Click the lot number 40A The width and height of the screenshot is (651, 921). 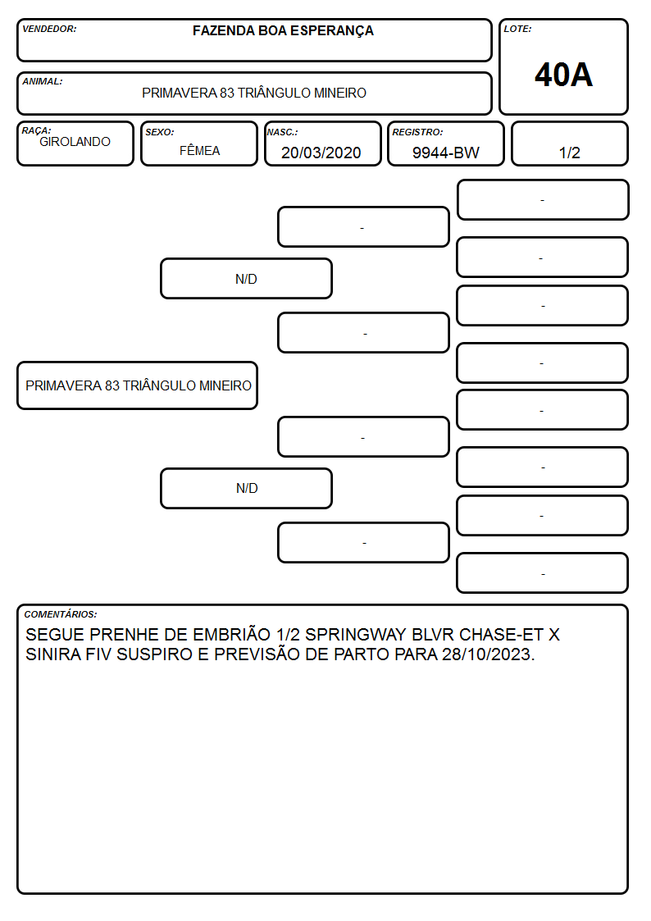[563, 75]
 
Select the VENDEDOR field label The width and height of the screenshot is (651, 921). [49, 29]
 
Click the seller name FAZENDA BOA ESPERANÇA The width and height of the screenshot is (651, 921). [283, 31]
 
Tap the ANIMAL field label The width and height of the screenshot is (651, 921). [43, 82]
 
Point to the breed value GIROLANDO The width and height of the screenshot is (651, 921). [75, 142]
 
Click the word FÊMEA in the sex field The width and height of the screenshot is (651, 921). [199, 150]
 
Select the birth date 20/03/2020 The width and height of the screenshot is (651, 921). [321, 153]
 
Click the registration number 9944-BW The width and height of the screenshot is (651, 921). [445, 153]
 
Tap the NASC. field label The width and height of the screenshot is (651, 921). [282, 133]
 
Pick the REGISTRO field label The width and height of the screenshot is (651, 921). [417, 133]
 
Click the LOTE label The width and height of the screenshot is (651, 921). [517, 29]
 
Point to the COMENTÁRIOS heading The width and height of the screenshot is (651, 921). [61, 614]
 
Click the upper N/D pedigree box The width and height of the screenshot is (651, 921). [246, 279]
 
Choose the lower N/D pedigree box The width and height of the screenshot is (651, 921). [246, 489]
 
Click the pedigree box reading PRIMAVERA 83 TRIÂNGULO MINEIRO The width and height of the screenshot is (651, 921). [138, 385]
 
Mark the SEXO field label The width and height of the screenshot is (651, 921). [160, 133]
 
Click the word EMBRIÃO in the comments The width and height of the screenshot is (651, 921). [232, 634]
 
